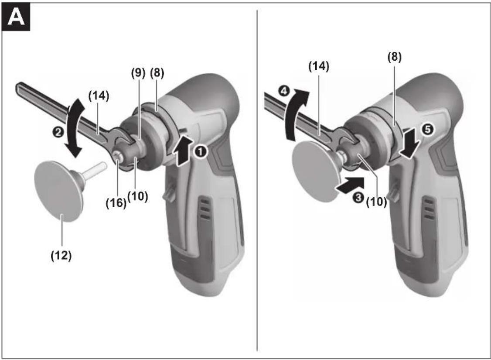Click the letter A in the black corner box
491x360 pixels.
(x=16, y=17)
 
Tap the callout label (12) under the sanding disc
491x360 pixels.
(x=61, y=256)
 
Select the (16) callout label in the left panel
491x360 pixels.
(x=116, y=203)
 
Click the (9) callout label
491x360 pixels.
(x=138, y=73)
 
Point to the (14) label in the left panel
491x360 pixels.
(x=99, y=96)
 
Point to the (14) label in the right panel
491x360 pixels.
(x=319, y=66)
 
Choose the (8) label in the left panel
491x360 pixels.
(x=157, y=73)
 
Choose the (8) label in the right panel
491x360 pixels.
(x=394, y=57)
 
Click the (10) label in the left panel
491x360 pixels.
(x=137, y=196)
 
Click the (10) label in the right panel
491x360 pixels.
(x=376, y=202)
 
